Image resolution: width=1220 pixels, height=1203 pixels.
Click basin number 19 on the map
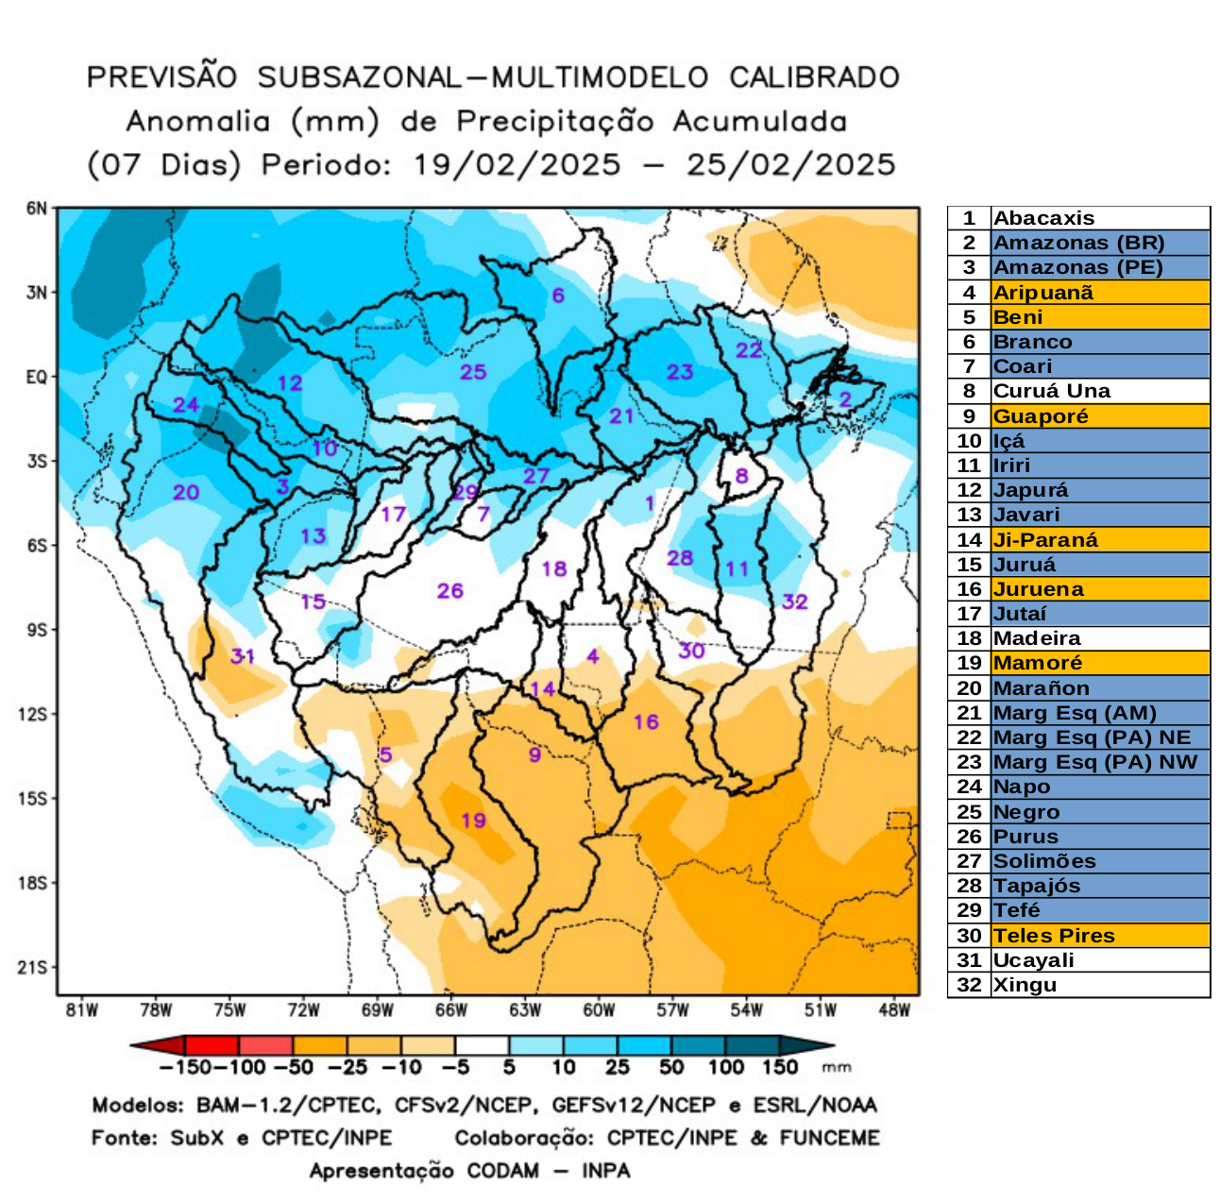(x=473, y=820)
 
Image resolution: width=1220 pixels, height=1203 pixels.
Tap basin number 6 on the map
(x=558, y=296)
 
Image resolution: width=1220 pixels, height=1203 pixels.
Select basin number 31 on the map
(x=243, y=655)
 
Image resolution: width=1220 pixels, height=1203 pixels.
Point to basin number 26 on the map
(x=449, y=590)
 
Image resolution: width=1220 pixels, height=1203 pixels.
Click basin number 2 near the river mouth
(x=845, y=398)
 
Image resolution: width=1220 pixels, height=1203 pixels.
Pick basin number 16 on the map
(x=646, y=722)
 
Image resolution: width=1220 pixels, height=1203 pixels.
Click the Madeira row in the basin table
(x=1037, y=638)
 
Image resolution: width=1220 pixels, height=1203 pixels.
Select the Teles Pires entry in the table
(x=1054, y=936)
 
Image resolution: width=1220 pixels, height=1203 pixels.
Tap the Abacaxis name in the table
(x=1043, y=218)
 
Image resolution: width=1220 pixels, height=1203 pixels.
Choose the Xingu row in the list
(x=1025, y=985)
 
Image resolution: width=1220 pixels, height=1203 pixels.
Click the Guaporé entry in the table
(x=1041, y=416)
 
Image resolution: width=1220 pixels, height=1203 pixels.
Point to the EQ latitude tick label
(x=36, y=377)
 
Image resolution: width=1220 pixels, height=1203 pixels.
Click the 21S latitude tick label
(x=36, y=967)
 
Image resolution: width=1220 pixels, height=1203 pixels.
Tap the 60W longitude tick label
(x=599, y=1010)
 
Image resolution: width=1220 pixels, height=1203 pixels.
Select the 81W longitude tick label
(x=82, y=1010)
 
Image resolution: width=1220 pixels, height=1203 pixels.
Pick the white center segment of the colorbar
(x=482, y=1045)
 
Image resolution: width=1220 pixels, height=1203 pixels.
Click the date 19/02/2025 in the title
(x=517, y=165)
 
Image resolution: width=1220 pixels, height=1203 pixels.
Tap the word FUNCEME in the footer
(x=829, y=1138)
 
